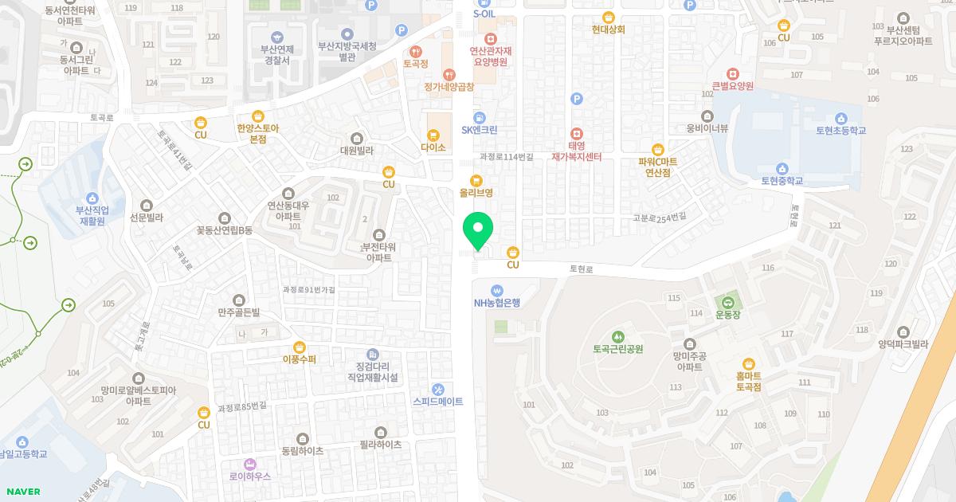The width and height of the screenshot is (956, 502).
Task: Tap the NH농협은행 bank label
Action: (x=496, y=303)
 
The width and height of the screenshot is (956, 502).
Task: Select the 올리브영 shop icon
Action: (x=476, y=180)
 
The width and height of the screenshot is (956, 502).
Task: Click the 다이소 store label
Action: (x=433, y=147)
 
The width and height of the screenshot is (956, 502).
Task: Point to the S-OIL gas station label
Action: (x=484, y=14)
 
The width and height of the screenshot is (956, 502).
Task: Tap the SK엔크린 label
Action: (x=479, y=130)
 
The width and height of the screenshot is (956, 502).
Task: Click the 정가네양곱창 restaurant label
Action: (x=449, y=87)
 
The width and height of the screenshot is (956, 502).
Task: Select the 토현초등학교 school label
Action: (x=840, y=130)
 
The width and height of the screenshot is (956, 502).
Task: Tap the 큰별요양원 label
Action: (x=732, y=86)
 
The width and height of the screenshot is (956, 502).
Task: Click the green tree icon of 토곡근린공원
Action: (x=617, y=335)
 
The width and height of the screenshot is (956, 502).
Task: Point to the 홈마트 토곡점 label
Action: (x=748, y=381)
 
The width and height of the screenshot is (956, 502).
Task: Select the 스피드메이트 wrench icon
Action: (x=437, y=389)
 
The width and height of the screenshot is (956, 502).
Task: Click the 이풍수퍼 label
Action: (x=299, y=359)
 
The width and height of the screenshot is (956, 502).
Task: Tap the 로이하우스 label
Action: (x=249, y=476)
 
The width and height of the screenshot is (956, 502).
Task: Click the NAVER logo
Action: (x=22, y=492)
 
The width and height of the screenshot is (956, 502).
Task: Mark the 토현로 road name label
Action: (x=582, y=269)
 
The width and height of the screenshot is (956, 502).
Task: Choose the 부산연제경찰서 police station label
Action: (x=276, y=54)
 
